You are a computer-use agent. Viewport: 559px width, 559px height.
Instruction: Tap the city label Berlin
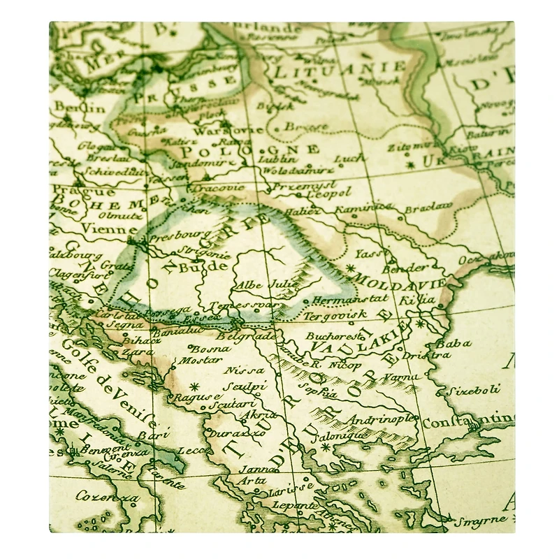[x=69, y=107]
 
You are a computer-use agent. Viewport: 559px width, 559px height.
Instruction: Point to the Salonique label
[x=343, y=435]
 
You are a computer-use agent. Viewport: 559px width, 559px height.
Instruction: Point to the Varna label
[x=400, y=378]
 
